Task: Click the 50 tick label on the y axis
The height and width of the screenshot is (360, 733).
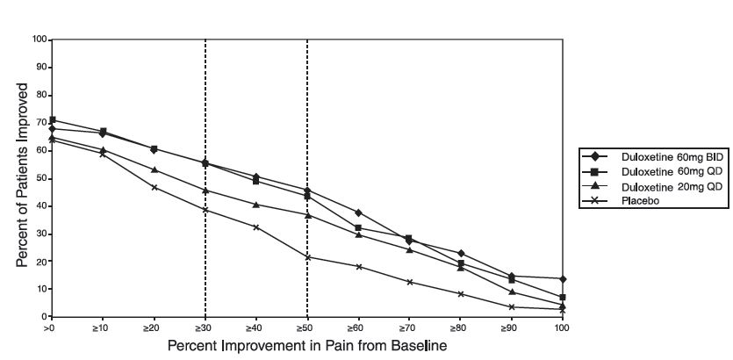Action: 41,178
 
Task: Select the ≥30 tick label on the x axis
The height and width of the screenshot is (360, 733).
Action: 205,327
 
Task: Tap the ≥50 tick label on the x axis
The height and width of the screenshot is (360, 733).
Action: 307,327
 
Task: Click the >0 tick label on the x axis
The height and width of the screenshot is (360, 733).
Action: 52,327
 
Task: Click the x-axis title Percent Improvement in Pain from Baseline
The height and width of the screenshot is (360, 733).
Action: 306,345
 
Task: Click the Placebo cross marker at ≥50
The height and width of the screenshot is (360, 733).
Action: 307,256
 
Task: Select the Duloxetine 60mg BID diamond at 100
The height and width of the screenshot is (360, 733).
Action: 562,279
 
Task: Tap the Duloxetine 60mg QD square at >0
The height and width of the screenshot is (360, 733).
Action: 53,120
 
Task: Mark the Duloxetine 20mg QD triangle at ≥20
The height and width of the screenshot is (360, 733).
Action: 155,169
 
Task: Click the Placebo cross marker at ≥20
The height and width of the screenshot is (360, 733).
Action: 155,187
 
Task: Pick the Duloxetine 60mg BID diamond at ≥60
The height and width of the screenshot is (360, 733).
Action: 358,212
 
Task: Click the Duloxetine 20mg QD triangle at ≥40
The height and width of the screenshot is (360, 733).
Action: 256,205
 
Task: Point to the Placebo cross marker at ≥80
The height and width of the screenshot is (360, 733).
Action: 460,294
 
